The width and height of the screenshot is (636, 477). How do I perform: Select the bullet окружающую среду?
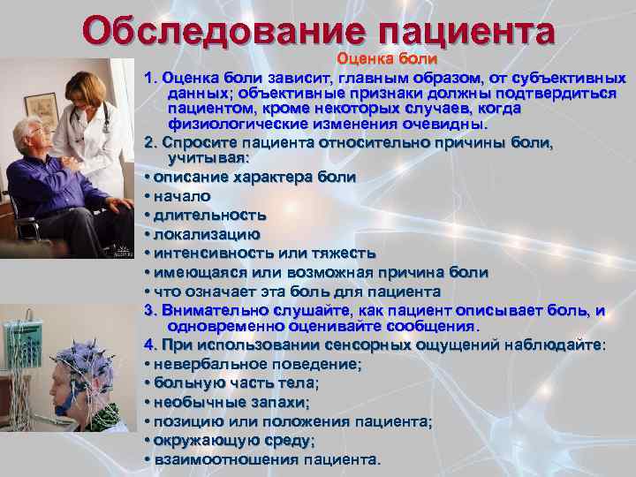[233, 440]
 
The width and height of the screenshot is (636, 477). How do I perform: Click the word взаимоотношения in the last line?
[226, 459]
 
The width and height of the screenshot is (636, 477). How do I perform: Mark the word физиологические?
[233, 125]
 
